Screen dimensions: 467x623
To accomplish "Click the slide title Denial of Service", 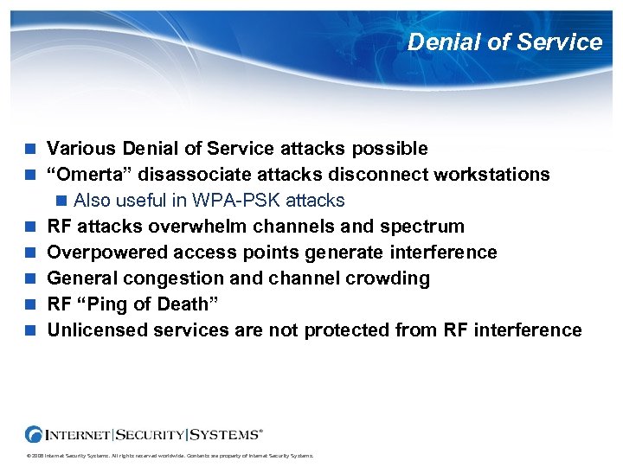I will coord(504,42).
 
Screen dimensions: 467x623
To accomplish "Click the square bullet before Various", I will coord(31,149).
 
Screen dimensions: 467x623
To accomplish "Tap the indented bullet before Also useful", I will coord(61,201).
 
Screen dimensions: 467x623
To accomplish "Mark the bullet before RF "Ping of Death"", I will coord(31,304).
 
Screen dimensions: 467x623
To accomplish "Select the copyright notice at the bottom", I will coord(169,456).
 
